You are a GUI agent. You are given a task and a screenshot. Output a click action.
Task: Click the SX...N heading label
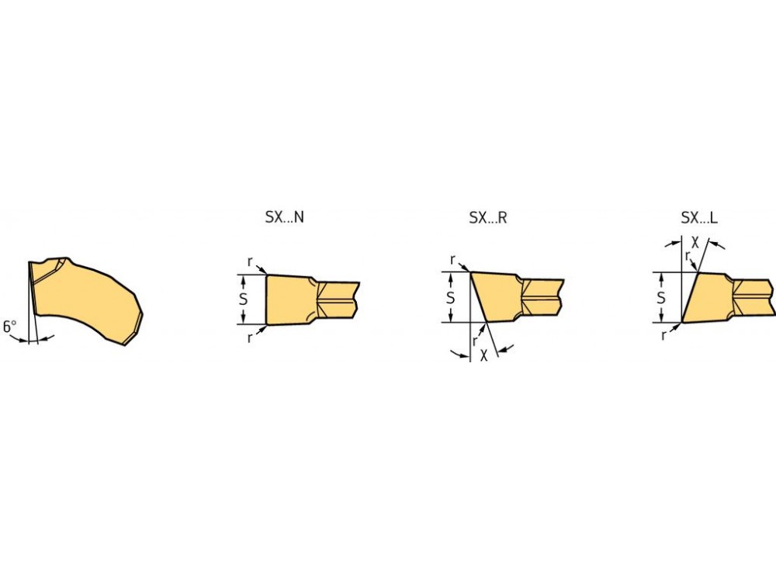285,217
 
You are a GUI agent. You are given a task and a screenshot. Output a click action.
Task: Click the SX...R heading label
488,217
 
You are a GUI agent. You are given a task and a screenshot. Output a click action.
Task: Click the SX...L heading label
699,217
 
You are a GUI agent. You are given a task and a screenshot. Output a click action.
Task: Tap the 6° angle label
9,327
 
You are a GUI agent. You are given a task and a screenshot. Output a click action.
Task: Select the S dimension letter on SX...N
243,299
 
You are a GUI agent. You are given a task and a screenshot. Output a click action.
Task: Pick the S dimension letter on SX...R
450,298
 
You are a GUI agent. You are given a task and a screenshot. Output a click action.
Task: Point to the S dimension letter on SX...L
660,298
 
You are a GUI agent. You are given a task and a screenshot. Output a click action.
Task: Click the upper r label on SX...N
250,261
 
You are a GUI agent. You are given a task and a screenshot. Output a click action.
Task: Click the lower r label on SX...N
250,338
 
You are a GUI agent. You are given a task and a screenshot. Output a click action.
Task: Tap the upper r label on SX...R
453,260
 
